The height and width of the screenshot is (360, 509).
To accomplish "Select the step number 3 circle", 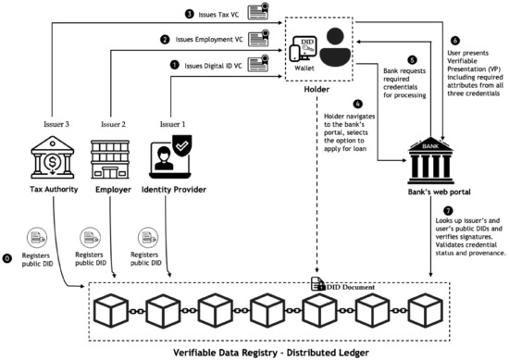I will [x=164, y=14].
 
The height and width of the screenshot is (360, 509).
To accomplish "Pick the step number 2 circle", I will [x=164, y=40].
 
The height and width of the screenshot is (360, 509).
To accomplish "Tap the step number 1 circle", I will [x=173, y=66].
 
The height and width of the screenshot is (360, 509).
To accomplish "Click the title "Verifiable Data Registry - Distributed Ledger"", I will [x=255, y=352].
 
